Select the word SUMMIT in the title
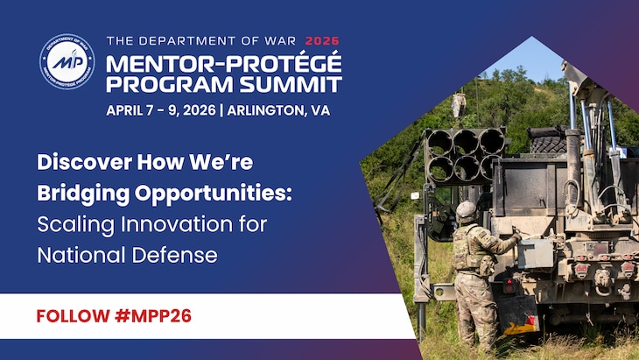click(x=296, y=84)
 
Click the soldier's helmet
click(x=467, y=210)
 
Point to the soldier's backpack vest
click(x=467, y=249)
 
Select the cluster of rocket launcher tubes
click(x=464, y=154)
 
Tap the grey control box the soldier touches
click(x=534, y=253)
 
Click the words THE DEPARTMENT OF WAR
click(x=201, y=40)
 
